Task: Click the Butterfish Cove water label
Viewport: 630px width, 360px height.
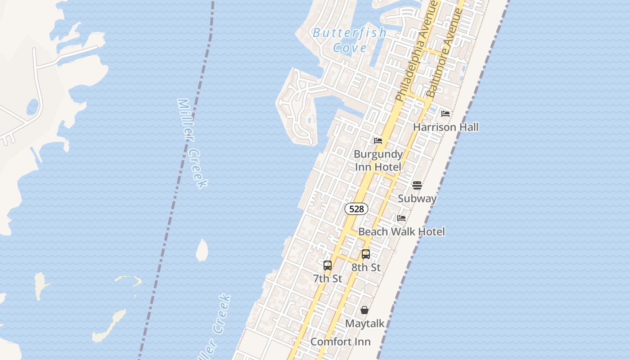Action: (350, 40)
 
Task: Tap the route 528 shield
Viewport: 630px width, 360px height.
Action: (356, 209)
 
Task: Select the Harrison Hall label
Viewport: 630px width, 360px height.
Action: (445, 127)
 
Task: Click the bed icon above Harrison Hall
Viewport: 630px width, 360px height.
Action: (445, 114)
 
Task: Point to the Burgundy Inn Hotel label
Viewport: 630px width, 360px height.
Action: (378, 161)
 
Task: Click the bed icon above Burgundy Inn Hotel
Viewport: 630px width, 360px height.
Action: (378, 141)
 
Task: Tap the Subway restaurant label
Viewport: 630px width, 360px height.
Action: (417, 198)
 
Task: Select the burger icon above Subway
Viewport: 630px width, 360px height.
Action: (417, 185)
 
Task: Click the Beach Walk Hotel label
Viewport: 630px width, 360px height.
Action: (401, 232)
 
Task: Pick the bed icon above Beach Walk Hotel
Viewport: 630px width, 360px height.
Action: (401, 218)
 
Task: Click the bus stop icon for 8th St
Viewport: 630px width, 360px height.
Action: (366, 254)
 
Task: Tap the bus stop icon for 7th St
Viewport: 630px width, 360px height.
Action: (328, 265)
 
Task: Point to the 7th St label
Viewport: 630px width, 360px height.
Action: (328, 279)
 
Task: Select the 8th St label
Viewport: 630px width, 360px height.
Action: (366, 268)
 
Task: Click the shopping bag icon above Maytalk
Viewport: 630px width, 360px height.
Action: (364, 310)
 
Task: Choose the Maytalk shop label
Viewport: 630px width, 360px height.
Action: (364, 324)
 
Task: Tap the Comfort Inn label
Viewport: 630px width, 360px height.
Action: (341, 342)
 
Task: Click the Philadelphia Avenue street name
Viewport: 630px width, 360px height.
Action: (417, 51)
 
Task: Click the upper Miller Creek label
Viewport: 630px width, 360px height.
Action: (193, 143)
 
